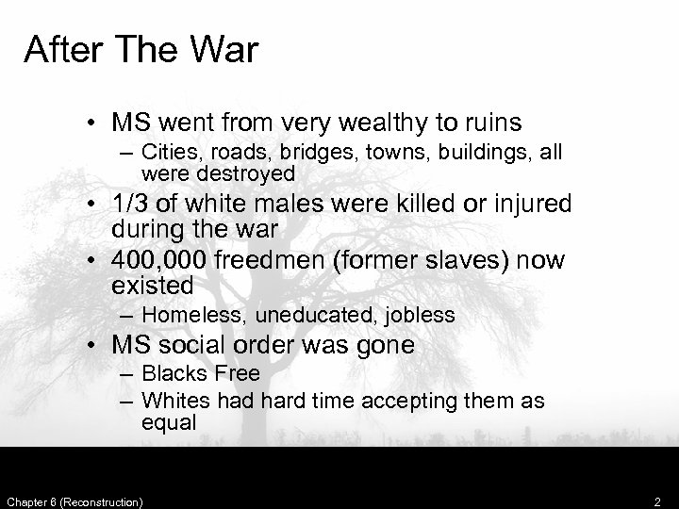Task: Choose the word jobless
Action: click(419, 315)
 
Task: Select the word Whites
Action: click(173, 401)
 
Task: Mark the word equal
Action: click(169, 422)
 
